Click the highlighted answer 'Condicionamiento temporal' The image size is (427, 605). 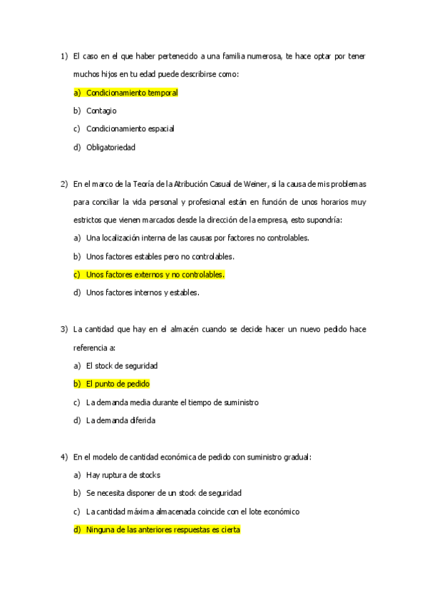132,92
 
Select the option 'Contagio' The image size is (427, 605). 101,111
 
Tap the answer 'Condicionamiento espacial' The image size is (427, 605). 130,129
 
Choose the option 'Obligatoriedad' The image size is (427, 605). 110,148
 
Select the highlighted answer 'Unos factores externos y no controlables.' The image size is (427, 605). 155,274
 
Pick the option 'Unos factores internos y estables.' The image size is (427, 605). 143,293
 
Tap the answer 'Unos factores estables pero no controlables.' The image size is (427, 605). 160,256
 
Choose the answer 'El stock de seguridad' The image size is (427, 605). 122,365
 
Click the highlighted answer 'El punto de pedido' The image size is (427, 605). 118,384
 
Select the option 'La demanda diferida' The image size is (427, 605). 120,420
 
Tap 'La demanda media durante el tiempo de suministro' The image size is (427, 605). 172,402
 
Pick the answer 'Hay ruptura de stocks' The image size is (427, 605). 123,475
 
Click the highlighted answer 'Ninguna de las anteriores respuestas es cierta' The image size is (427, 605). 163,530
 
